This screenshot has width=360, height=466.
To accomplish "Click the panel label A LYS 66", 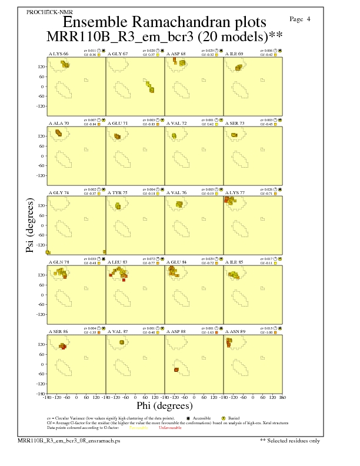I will point(58,54).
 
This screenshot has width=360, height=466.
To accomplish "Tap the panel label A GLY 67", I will point(118,54).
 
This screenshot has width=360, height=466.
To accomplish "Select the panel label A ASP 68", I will point(176,54).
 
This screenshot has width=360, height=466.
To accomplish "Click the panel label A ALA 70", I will point(58,124).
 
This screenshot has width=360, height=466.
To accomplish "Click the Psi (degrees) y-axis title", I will point(29,226).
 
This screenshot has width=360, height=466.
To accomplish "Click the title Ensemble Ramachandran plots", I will point(164,22).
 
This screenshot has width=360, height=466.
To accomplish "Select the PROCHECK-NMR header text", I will point(45,12).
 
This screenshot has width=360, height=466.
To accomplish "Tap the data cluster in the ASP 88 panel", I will point(176,370).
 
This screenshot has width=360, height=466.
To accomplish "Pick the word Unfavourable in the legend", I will point(170,428).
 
